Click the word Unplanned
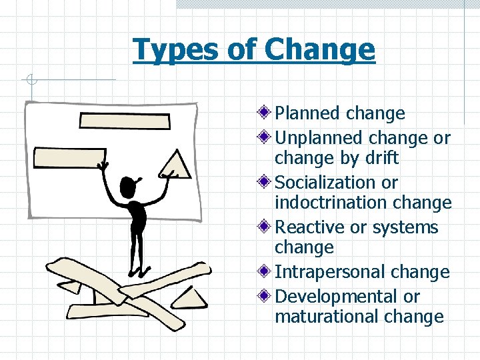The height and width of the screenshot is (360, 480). click(319, 138)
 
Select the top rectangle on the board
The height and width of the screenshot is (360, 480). click(125, 121)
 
